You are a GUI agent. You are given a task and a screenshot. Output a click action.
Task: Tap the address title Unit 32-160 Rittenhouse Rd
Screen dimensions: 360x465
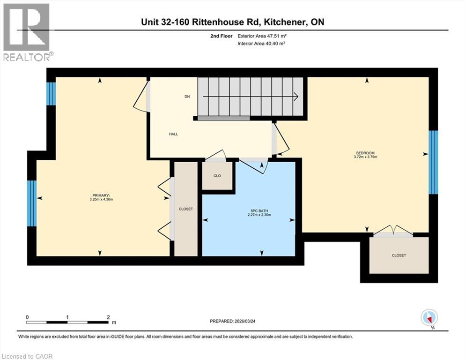tap(233, 22)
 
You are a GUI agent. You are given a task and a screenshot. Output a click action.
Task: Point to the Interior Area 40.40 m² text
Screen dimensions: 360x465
tap(262, 43)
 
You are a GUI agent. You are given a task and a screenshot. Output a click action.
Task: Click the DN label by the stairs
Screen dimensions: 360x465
tap(187, 97)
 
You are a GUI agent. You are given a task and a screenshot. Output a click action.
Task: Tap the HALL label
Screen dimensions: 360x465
tap(173, 134)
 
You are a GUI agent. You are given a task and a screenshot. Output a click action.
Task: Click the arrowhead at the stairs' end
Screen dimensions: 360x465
tap(296, 97)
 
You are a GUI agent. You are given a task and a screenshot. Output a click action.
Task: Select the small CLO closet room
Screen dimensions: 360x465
tap(217, 176)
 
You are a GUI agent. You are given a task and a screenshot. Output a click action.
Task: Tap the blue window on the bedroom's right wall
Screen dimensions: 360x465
tap(434, 162)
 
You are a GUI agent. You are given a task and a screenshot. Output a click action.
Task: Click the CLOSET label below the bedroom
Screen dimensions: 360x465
tap(399, 255)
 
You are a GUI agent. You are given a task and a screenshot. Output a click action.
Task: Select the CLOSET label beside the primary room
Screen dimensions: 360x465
tap(186, 209)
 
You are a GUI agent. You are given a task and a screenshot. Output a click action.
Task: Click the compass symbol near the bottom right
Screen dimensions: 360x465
tap(429, 317)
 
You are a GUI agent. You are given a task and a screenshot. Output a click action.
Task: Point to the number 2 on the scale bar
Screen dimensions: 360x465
tap(108, 317)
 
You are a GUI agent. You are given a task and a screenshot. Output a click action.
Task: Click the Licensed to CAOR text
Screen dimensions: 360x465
tap(27, 356)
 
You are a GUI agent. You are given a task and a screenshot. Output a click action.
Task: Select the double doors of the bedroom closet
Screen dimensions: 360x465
tap(394, 231)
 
